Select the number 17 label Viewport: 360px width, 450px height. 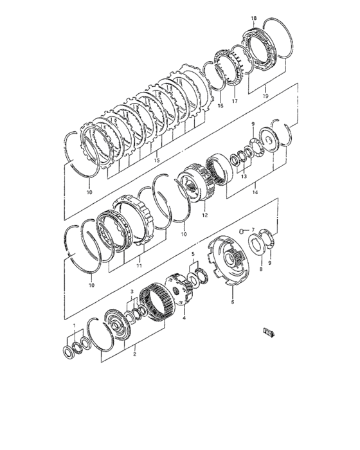[x=235, y=100]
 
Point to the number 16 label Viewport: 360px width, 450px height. [x=219, y=105]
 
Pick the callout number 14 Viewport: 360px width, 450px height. [x=255, y=192]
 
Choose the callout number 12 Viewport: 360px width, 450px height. [x=205, y=216]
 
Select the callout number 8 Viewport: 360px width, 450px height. [x=261, y=270]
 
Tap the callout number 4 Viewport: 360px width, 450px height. [x=183, y=317]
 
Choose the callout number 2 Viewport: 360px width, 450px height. [x=134, y=354]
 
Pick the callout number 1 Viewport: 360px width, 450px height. [x=75, y=326]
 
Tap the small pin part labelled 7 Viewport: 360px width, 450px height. [x=242, y=230]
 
